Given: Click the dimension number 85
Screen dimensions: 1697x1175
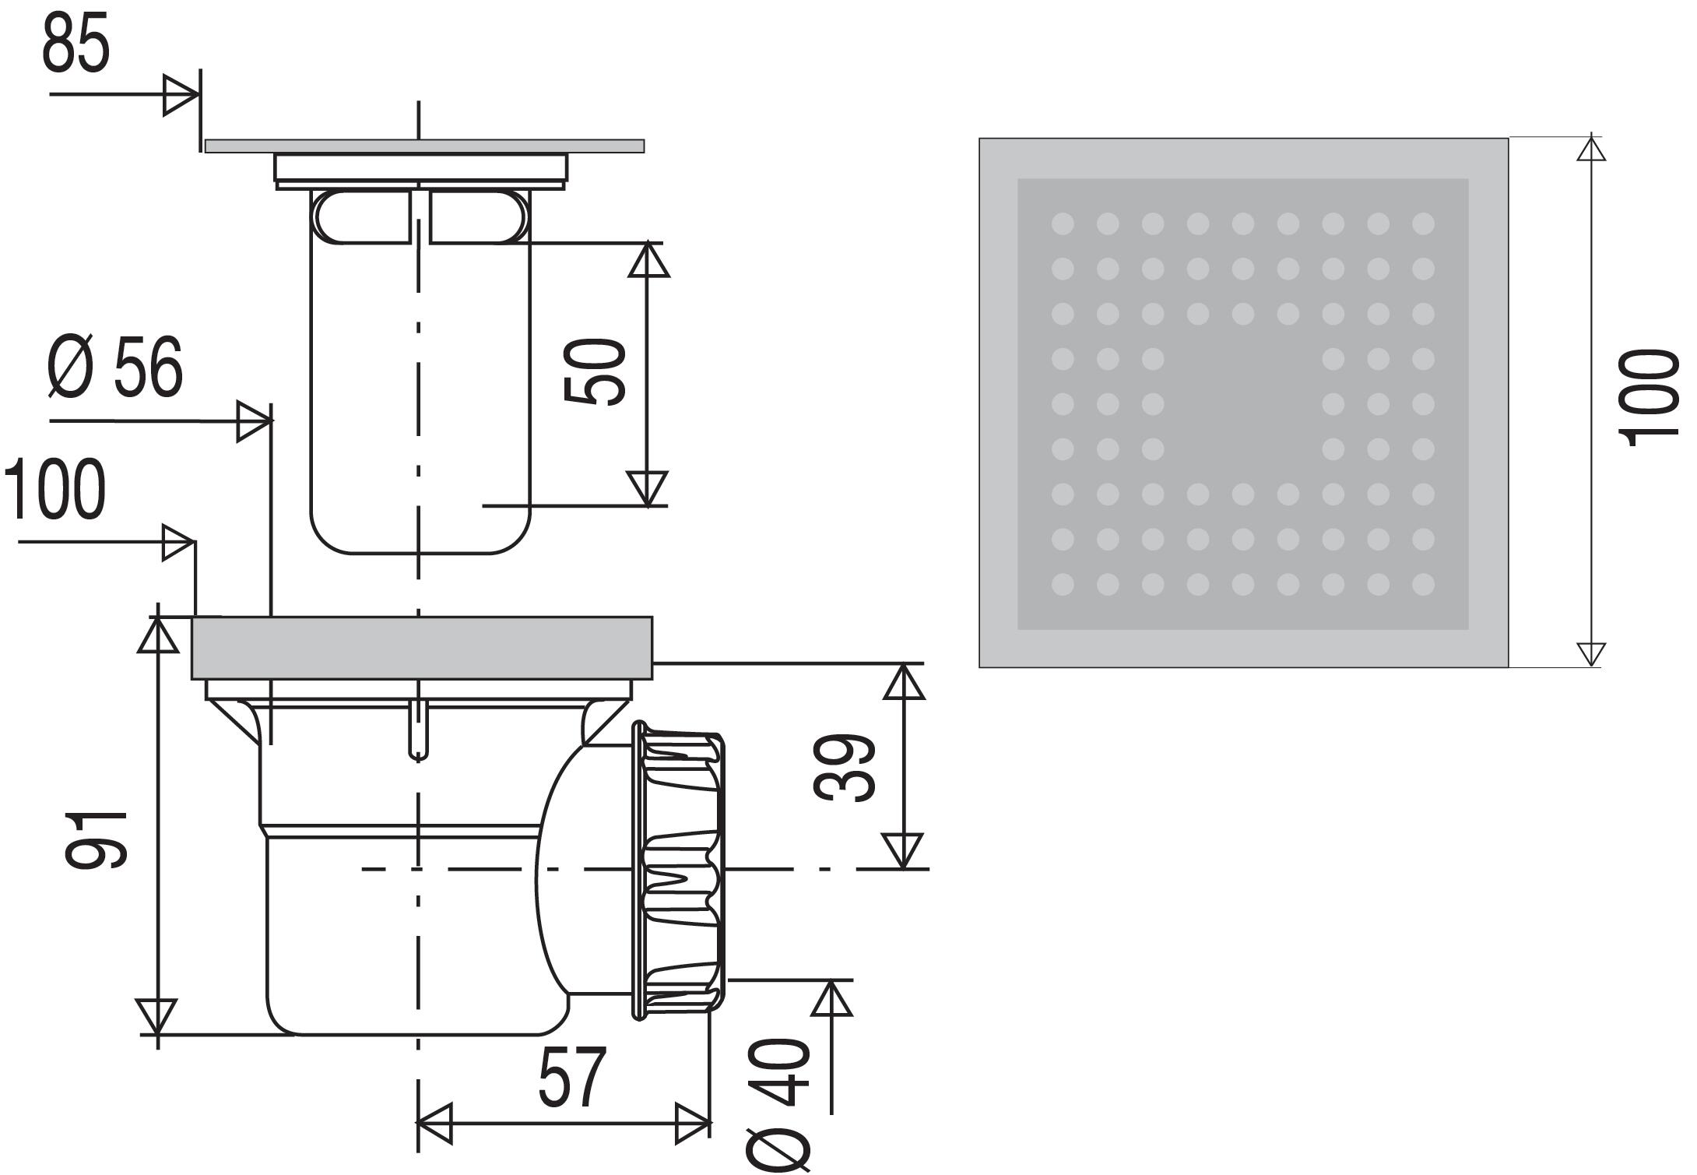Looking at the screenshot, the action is click(76, 46).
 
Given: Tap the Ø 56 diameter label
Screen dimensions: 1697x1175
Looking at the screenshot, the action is click(115, 367).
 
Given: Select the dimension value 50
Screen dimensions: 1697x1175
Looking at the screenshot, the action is click(595, 371).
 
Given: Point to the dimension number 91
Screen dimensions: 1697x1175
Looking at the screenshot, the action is click(96, 839).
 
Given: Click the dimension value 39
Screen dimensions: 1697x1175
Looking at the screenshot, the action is click(844, 767).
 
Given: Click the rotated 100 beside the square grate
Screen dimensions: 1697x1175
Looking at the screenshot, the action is click(1649, 399).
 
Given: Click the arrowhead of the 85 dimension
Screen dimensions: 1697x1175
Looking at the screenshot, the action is click(181, 96).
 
